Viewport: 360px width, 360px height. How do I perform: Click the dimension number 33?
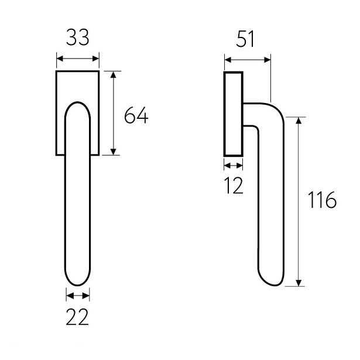[x=78, y=37]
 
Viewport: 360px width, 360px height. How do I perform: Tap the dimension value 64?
[x=136, y=115]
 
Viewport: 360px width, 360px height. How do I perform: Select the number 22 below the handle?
[x=77, y=317]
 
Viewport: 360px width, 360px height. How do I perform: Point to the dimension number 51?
[x=245, y=39]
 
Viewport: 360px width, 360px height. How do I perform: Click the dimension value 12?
[x=234, y=186]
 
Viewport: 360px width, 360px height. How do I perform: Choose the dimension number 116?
[x=322, y=200]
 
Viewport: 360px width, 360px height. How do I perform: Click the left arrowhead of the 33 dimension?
[x=60, y=59]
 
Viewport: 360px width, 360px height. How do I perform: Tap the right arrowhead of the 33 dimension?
[x=96, y=59]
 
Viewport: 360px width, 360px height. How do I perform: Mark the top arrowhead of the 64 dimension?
[x=114, y=74]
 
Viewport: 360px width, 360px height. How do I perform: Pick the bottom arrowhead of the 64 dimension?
[x=114, y=152]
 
